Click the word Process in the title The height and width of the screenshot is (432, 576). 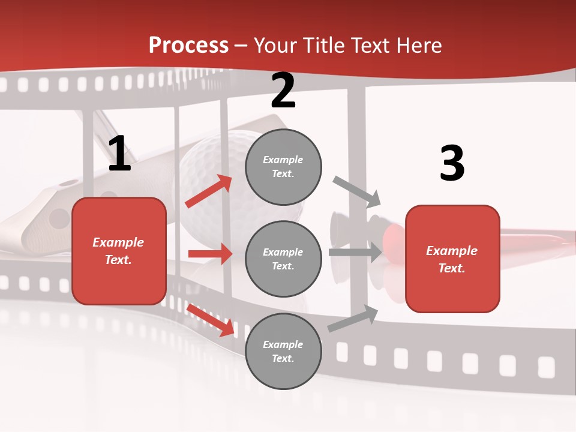tap(188, 46)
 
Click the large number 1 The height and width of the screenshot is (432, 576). tap(119, 154)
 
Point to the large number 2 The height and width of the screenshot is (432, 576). tap(283, 91)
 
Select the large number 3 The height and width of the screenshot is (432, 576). tap(452, 163)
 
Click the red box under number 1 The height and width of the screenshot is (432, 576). tap(119, 251)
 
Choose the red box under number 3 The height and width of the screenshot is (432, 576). tap(452, 259)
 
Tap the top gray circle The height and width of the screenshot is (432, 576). tap(283, 167)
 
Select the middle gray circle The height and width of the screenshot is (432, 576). tap(283, 259)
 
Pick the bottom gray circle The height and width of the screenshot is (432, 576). tap(283, 351)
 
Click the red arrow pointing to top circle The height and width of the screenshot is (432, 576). tap(208, 191)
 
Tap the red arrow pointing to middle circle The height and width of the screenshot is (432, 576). tap(210, 254)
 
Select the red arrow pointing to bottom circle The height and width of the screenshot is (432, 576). tap(210, 319)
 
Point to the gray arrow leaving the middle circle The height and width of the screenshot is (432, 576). tap(355, 253)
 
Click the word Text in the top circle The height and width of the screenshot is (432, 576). tap(283, 174)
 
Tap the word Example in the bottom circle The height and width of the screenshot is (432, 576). tap(283, 344)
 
